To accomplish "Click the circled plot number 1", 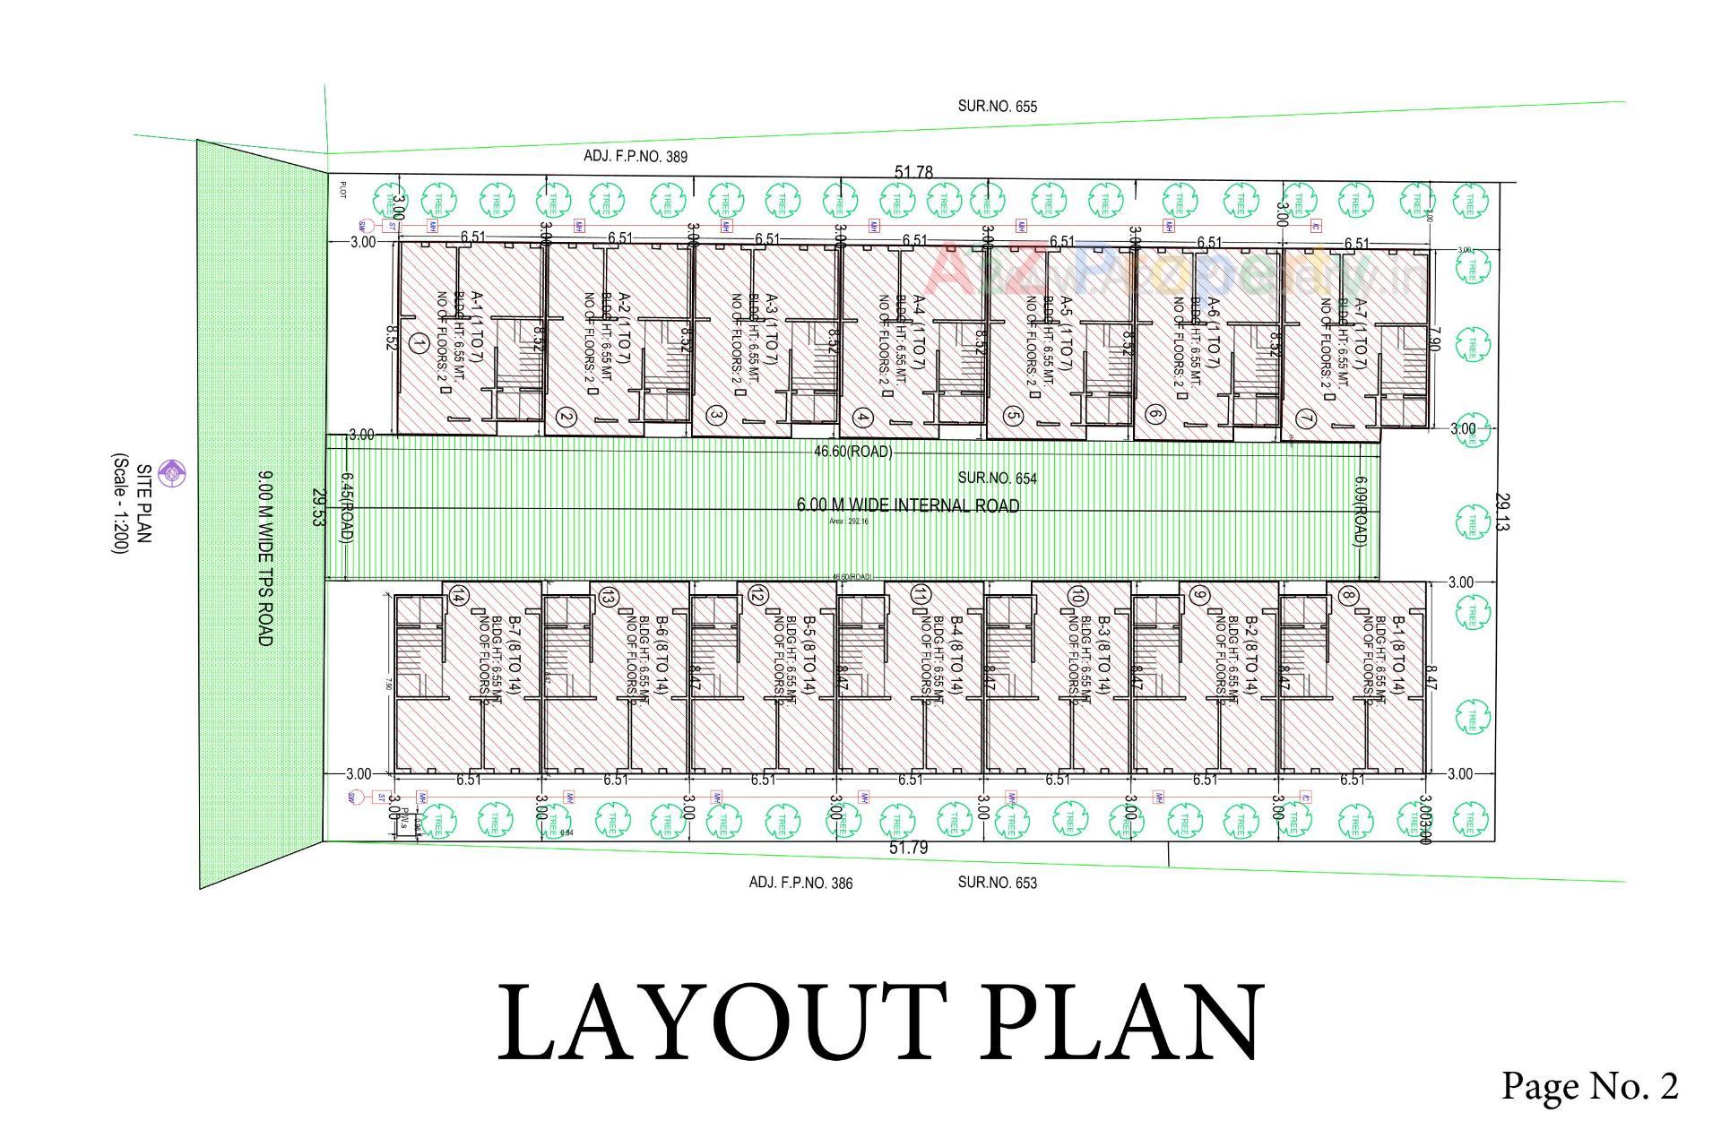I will point(418,342).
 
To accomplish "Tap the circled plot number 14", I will point(458,595).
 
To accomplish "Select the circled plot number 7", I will point(1305,418).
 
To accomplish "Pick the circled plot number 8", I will point(1346,595).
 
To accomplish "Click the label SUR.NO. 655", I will point(997,107).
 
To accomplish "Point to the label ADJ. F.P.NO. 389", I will point(636,157).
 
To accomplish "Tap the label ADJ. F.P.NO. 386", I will point(800,883).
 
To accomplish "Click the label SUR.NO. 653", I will point(997,883).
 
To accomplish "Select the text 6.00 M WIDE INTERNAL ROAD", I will point(907,506).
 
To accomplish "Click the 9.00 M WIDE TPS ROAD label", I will point(264,557).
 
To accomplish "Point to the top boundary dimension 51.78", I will point(913,172).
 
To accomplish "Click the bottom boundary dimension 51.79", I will point(908,848).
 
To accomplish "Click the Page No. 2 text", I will point(1589,1086).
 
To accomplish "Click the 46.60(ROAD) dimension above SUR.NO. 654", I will point(852,452).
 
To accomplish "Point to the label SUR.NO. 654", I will point(997,479).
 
